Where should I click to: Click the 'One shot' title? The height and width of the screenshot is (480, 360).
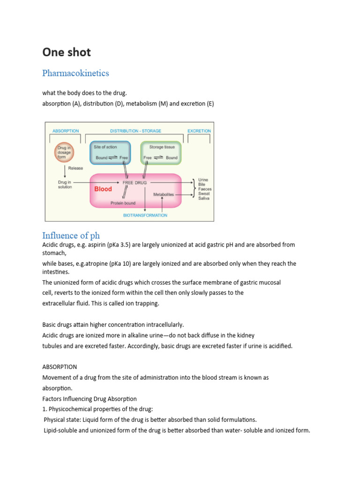pos(67,52)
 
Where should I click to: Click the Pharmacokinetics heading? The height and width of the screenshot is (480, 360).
pos(75,73)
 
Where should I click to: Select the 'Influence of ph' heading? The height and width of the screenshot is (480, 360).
pos(71,235)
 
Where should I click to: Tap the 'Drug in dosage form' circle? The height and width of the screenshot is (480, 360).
pos(63,152)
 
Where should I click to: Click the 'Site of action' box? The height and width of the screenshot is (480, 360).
pos(110,152)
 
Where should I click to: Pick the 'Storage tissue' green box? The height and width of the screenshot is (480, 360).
pos(160,152)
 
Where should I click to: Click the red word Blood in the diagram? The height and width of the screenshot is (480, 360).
pos(103,189)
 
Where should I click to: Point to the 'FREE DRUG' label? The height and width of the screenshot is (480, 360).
pos(135,182)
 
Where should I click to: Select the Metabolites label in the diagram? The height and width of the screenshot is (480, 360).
pos(164,194)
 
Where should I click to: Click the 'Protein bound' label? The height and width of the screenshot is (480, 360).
pos(123,203)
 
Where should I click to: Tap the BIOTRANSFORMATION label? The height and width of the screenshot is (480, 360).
pos(145,216)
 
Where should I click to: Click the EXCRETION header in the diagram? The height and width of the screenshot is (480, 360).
pos(199,131)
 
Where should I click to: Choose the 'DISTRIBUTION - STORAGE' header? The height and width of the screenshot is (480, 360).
pos(135,131)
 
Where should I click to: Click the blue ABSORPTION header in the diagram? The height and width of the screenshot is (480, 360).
pos(66,131)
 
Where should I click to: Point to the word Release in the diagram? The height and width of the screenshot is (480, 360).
pos(75,168)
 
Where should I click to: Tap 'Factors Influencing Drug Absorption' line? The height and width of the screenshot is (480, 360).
pos(90,399)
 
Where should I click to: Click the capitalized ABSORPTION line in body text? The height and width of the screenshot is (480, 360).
pos(60,367)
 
